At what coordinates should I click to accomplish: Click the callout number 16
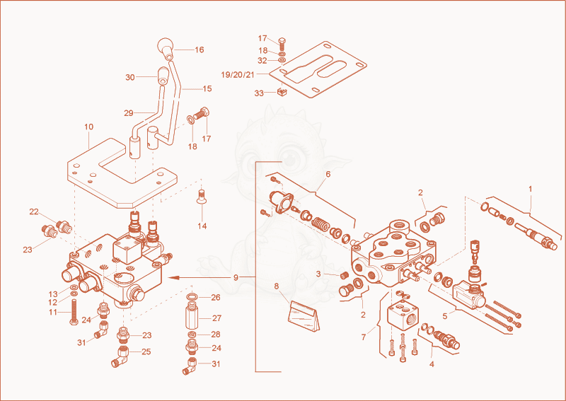[x=200, y=50]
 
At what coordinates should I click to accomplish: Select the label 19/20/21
[x=238, y=75]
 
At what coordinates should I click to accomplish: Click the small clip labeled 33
[x=282, y=92]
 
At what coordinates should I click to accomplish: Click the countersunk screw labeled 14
[x=201, y=197]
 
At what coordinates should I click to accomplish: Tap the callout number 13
[x=53, y=294]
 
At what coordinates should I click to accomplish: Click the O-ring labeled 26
[x=192, y=298]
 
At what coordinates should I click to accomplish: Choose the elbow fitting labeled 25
[x=121, y=356]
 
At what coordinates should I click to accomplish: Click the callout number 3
[x=318, y=274]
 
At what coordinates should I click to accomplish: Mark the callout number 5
[x=445, y=316]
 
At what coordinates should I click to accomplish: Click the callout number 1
[x=530, y=189]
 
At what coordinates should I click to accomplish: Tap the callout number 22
[x=34, y=212]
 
